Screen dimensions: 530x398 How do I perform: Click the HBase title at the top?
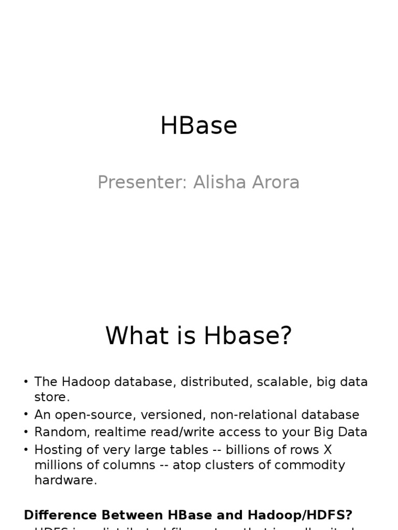pyautogui.click(x=198, y=126)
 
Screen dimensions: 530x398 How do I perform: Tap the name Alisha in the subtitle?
pyautogui.click(x=218, y=183)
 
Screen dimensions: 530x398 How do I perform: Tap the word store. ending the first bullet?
pyautogui.click(x=52, y=397)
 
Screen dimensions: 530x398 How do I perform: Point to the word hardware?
pyautogui.click(x=65, y=480)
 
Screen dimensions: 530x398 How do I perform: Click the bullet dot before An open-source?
pyautogui.click(x=26, y=415)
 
